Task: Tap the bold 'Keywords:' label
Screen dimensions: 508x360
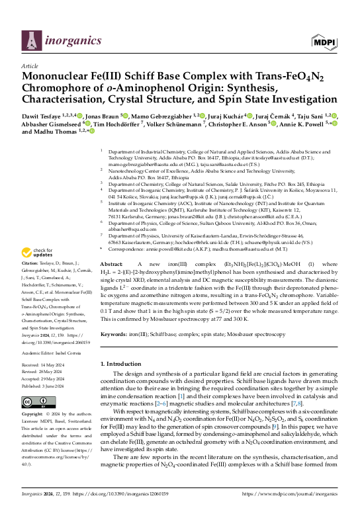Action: pyautogui.click(x=115, y=335)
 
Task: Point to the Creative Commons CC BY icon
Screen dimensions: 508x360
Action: pyautogui.click(x=38, y=402)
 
